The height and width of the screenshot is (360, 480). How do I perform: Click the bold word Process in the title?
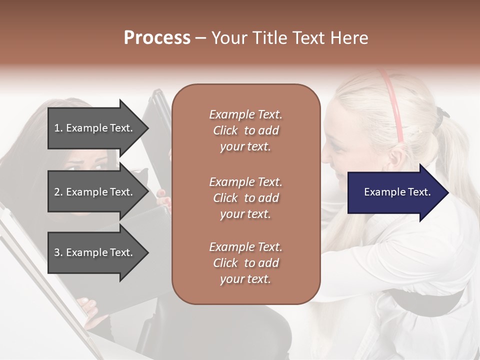coord(157,38)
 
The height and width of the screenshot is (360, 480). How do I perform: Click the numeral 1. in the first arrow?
coord(58,128)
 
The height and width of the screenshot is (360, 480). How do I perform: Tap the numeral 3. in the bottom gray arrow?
coord(58,252)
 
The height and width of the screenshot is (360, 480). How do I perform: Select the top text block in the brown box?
coord(245,130)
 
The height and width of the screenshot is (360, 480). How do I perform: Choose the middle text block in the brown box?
coord(245,198)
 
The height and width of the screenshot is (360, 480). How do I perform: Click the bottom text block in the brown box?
coord(245,263)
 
